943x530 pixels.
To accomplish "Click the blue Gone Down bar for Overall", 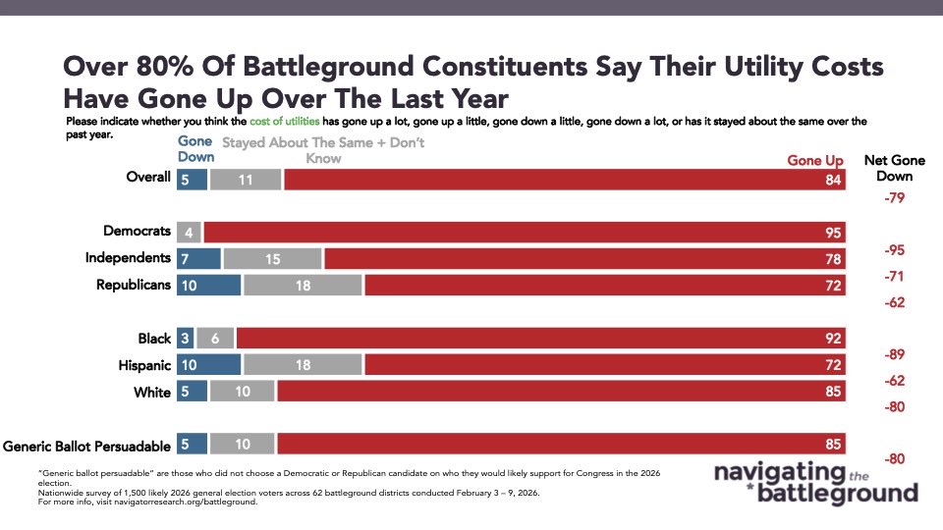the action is [192, 180].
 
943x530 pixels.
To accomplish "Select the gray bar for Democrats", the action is [189, 233].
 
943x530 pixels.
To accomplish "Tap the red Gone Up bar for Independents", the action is [585, 259].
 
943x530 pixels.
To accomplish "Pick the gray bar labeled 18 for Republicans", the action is [304, 286].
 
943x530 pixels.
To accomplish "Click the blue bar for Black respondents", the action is [185, 339].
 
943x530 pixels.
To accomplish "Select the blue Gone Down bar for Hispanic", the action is [208, 365].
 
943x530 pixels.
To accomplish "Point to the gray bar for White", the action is [243, 392].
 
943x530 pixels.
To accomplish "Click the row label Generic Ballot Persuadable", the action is [86, 446].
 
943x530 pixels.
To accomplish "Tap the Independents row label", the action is [128, 258].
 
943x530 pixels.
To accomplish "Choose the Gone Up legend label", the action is [815, 160].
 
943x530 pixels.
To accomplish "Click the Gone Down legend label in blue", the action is [195, 149].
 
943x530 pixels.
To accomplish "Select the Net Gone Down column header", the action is [894, 168].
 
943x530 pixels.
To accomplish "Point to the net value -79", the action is [894, 197].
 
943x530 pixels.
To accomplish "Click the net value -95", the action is [894, 250].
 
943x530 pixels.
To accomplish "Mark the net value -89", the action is [894, 354].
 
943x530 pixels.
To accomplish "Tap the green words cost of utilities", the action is [285, 122].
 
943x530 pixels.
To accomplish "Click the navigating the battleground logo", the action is [816, 483].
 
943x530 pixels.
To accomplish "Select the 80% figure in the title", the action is [165, 66].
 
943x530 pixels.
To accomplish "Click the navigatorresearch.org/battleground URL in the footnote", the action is [186, 502].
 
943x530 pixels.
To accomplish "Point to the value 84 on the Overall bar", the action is [833, 180].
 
